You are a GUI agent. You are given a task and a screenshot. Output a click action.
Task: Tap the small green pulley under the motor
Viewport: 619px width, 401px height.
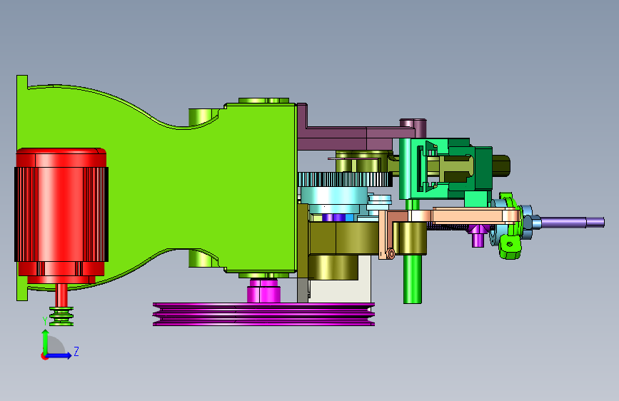click(x=61, y=316)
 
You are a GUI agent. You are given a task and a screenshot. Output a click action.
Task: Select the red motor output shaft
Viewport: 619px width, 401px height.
click(x=61, y=295)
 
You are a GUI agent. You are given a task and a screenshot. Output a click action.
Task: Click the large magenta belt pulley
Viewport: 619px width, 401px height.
click(x=263, y=314)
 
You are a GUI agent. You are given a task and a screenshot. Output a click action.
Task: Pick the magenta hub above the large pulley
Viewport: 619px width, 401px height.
click(x=263, y=291)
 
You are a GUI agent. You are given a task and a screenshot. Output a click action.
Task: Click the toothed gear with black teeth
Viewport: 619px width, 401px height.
click(x=345, y=180)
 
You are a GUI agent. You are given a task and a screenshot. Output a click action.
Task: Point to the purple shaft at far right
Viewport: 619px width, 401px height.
click(x=573, y=222)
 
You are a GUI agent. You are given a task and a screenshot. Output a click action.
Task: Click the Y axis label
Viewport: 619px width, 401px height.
click(x=44, y=321)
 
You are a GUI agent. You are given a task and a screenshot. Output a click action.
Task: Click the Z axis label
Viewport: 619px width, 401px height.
click(x=76, y=351)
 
